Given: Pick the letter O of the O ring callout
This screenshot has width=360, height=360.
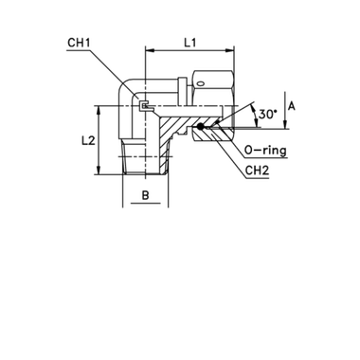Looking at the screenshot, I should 248,149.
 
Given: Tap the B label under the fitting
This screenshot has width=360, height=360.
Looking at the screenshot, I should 143,197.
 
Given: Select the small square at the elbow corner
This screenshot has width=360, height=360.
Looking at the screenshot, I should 142,106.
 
